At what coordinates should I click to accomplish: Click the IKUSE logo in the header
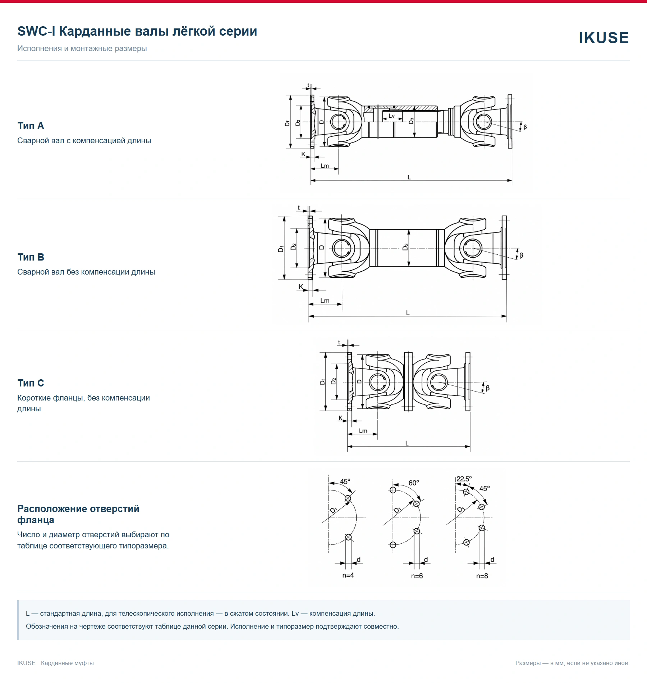(604, 38)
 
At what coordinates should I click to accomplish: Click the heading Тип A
(31, 126)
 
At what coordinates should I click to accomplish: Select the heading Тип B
(31, 257)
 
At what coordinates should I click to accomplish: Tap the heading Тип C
(31, 383)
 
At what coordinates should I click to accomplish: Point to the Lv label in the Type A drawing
(391, 116)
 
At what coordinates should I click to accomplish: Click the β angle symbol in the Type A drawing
(525, 127)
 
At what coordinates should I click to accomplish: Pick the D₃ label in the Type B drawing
(405, 247)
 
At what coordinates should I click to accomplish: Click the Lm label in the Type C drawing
(363, 431)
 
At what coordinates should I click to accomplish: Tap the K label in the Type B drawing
(301, 287)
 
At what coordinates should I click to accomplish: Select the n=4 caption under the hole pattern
(348, 575)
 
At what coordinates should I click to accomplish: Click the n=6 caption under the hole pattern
(417, 576)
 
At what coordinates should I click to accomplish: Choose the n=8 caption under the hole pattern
(482, 576)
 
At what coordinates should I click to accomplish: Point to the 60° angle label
(414, 483)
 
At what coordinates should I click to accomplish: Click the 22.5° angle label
(464, 479)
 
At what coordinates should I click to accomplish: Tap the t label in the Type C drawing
(339, 343)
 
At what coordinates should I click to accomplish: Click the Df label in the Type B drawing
(281, 249)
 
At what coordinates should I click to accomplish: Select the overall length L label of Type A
(409, 177)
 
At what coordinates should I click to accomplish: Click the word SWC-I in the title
(36, 31)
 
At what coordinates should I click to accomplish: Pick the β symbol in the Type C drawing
(488, 388)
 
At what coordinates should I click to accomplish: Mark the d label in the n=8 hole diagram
(492, 560)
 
